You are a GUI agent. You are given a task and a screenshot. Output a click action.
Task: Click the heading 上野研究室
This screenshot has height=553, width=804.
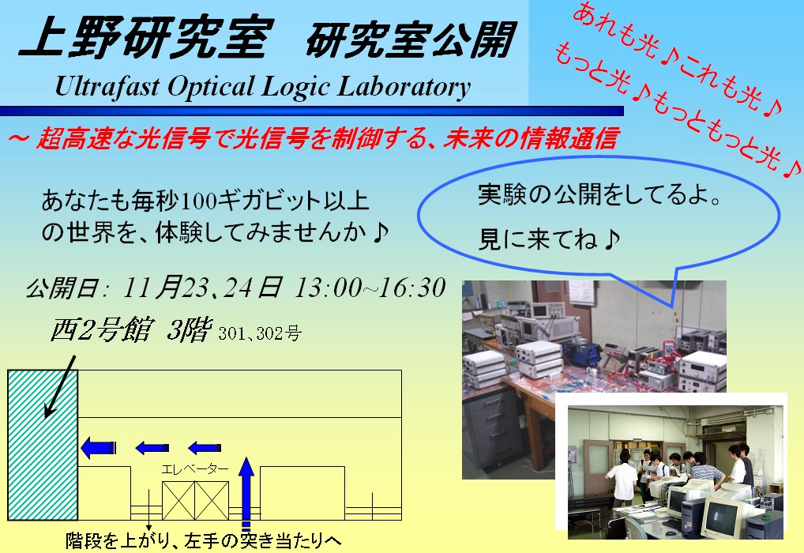tap(147, 37)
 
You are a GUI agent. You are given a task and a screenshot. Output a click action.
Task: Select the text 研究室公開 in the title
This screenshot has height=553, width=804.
tap(411, 39)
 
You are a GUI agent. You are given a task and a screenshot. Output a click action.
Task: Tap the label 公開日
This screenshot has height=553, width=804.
tap(61, 288)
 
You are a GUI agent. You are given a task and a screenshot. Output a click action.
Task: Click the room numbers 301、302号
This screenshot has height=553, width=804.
tap(260, 333)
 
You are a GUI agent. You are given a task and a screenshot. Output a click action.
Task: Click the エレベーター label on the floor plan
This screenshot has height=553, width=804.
tap(195, 469)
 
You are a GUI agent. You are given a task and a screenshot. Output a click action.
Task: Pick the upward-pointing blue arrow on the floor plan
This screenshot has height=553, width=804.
tap(246, 491)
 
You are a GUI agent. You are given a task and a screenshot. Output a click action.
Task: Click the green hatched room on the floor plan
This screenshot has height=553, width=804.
tap(43, 445)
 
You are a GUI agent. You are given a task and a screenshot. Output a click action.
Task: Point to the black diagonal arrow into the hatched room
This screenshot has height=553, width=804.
tap(60, 387)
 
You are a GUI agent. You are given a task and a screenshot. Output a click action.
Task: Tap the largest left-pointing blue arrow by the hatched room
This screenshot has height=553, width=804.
tap(99, 448)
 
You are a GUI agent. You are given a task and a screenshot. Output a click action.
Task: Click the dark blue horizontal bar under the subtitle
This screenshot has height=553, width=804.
tap(312, 111)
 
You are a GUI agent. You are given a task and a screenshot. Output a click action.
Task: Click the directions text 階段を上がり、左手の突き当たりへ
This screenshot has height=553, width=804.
tap(203, 540)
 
